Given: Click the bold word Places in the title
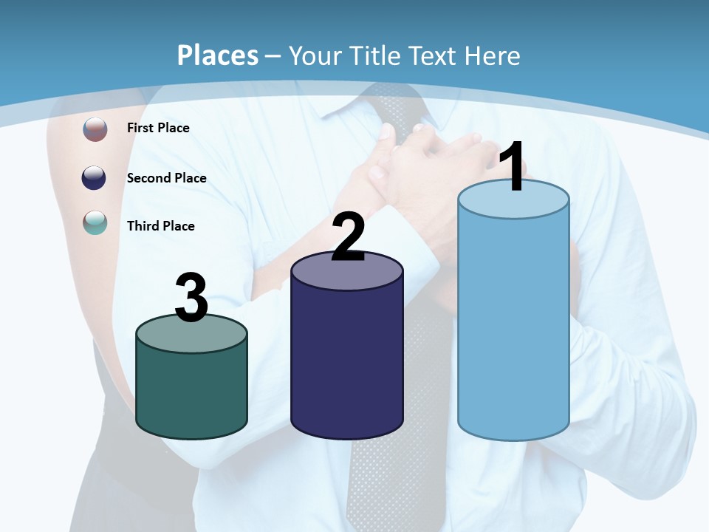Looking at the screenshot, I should tap(217, 55).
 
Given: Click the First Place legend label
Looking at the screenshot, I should tap(158, 128).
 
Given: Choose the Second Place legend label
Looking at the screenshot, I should tap(166, 178).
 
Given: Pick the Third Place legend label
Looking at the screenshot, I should tap(160, 226).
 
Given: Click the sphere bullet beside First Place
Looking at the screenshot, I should tap(95, 129).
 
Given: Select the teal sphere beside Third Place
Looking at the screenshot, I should tap(95, 222).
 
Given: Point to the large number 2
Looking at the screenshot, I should tap(348, 237).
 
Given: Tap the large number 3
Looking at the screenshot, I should tap(191, 299).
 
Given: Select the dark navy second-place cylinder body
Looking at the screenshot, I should tap(346, 362).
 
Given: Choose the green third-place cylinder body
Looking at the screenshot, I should tap(191, 392).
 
